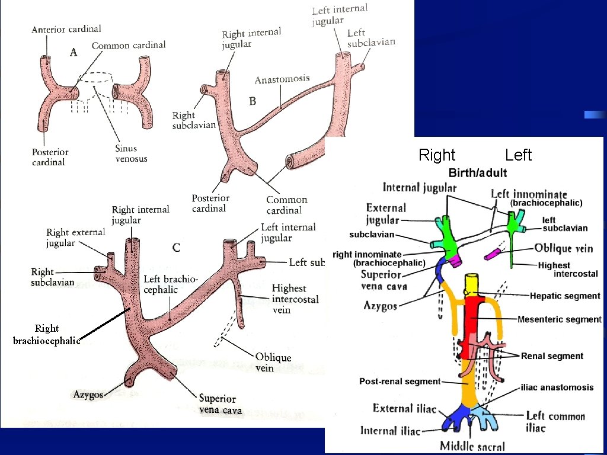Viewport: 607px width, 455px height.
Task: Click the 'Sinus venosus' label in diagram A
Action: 131,153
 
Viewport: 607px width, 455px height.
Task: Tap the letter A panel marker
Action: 74,53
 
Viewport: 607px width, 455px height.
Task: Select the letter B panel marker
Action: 253,101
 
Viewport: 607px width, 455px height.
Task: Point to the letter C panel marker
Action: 176,248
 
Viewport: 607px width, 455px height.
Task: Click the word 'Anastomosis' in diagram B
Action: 282,79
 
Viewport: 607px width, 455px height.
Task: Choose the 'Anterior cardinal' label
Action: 66,29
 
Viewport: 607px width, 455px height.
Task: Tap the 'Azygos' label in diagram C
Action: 88,394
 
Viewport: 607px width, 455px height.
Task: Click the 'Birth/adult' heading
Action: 478,173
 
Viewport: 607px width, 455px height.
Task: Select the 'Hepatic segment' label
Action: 565,296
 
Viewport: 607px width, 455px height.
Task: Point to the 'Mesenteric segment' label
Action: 559,319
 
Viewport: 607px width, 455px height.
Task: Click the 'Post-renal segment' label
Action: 400,382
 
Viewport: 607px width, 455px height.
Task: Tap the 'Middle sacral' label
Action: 472,446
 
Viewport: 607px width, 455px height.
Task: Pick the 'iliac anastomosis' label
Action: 557,387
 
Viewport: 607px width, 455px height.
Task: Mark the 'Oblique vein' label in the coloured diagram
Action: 563,248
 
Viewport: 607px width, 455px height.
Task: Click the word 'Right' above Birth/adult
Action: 437,155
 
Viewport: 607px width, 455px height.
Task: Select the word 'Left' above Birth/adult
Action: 519,155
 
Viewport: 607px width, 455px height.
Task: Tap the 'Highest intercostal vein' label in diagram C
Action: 295,299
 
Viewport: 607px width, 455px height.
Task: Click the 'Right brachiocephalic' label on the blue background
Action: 46,334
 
